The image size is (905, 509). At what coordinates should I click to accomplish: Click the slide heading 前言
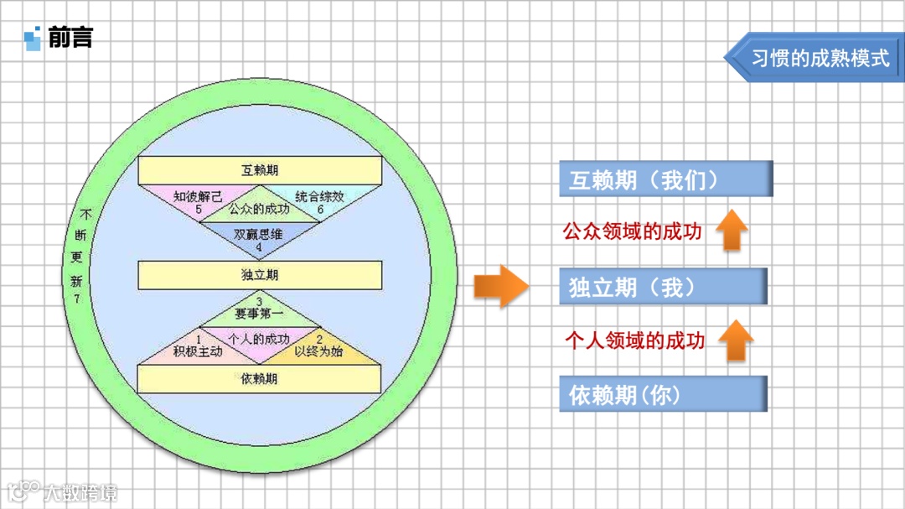pos(70,38)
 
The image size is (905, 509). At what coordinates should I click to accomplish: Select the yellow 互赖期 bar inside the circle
pos(260,170)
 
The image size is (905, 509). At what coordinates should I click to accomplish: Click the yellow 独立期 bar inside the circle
pos(260,275)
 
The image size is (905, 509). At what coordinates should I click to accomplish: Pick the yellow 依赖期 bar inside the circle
pos(260,379)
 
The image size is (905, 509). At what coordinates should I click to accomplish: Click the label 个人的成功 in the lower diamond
pos(259,340)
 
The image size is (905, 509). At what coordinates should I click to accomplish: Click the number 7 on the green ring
pos(77,299)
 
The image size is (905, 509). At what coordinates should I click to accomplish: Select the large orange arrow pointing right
pos(501,286)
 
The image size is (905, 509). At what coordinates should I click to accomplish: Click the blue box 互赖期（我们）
pos(665,179)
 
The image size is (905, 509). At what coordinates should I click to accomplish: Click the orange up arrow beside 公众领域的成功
pos(733,231)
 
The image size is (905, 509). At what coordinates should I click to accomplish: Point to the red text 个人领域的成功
pos(634,340)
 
